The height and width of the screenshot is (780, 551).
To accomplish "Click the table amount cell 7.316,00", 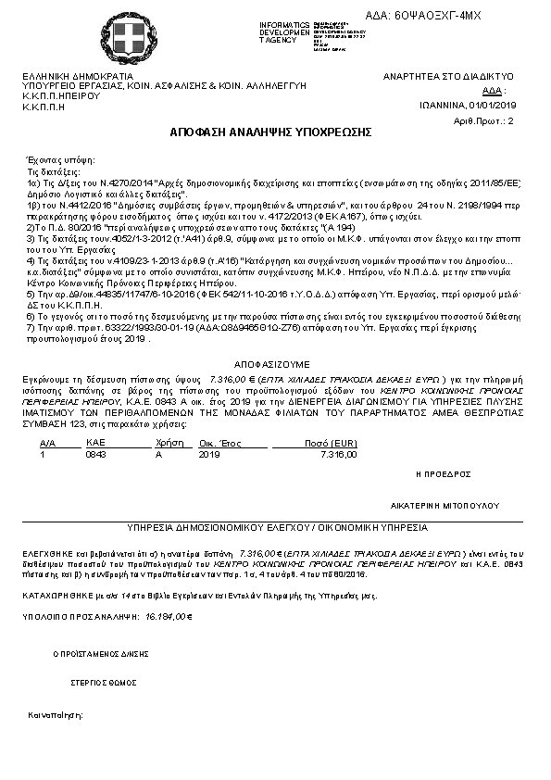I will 337,455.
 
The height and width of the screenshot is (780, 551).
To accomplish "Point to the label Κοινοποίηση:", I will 56,715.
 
